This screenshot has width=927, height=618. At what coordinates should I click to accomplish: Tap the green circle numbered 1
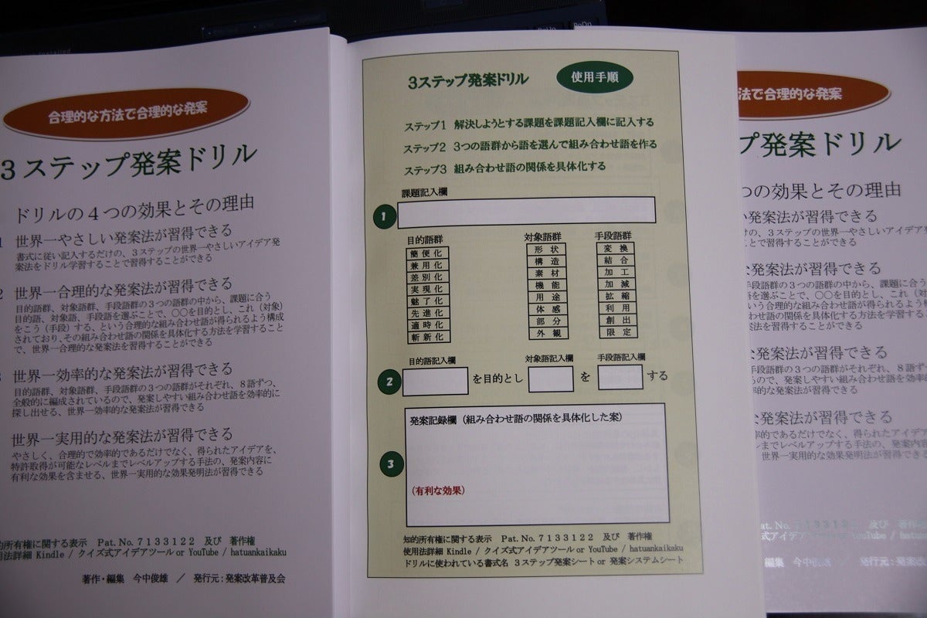coord(383,216)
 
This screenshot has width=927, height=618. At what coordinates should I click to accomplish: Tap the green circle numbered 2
coord(389,380)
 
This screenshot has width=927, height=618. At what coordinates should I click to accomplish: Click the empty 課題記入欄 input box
coord(526,210)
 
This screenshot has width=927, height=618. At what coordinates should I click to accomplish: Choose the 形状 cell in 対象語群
coord(547,250)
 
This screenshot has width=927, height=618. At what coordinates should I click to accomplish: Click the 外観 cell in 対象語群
coord(547,334)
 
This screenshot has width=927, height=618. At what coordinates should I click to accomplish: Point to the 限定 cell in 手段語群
coord(617,332)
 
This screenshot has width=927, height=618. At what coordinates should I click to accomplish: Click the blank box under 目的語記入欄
coord(435,380)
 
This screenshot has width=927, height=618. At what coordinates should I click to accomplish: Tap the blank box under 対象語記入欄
coord(550,379)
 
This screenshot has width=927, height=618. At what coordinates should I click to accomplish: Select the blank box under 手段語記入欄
coord(620,377)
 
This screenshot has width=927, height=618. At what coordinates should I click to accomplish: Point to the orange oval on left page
coord(127,113)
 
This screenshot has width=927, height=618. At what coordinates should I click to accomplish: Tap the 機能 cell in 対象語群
coord(547,286)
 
